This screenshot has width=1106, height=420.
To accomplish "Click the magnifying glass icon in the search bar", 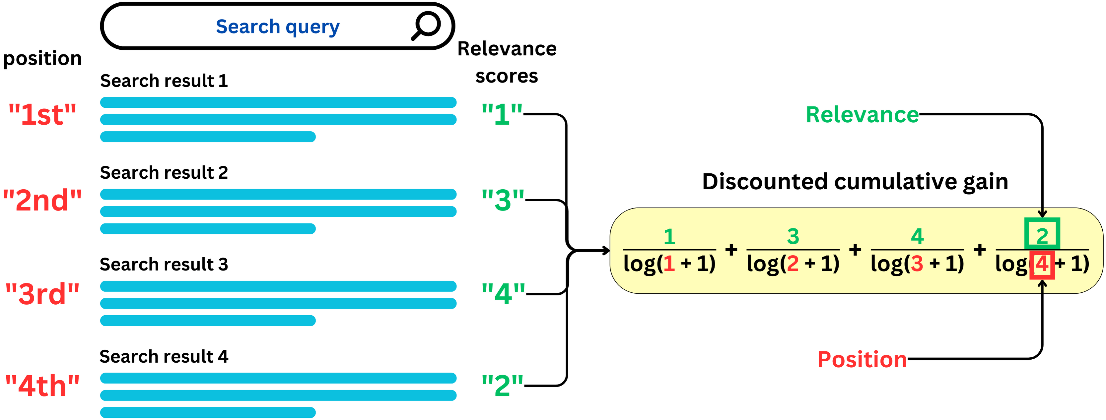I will point(426,26).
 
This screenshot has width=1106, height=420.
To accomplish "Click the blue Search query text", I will point(277,27).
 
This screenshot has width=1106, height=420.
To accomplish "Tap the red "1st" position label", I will point(42,115).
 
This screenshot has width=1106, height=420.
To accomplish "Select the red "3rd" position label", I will point(42,294).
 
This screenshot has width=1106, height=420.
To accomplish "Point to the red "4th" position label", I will point(42,386).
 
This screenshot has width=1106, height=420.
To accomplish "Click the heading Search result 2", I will point(164,172).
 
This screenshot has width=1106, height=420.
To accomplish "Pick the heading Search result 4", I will point(164,356).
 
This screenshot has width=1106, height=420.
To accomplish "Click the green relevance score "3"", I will point(502,200).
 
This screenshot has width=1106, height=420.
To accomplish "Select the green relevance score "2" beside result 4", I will point(502,386).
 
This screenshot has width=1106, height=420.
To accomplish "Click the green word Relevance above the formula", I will point(862,115).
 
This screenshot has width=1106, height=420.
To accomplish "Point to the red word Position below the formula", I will point(862,360).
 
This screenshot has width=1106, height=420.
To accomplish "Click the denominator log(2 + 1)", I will point(793,264).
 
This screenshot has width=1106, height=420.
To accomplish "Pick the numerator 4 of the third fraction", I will point(917,237).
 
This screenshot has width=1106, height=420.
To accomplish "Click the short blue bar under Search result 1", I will point(208,137).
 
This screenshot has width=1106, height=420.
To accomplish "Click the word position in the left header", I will point(42,58).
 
